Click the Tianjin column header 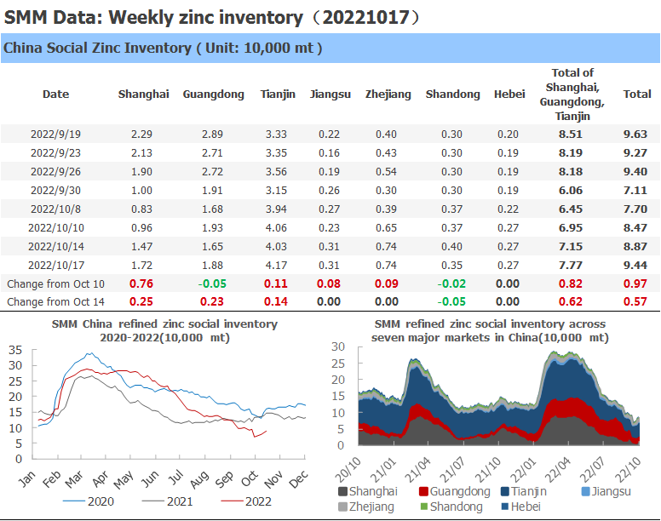pos(278,94)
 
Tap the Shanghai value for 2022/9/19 pos(143,135)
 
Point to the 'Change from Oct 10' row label pos(56,283)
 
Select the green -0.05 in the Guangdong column pos(213,283)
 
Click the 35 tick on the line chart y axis pos(14,349)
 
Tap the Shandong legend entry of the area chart pos(451,507)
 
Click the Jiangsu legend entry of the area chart pos(603,491)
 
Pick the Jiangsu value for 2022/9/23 pos(328,153)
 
